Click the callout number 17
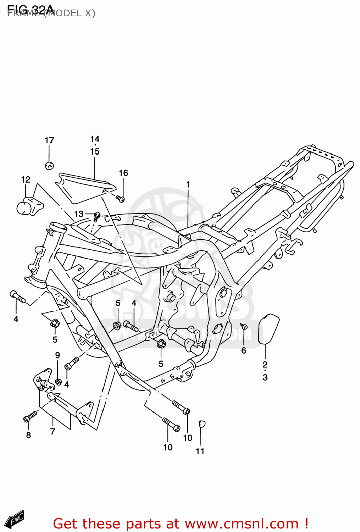pos(49,140)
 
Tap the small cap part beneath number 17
pos(49,165)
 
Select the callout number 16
pos(123,173)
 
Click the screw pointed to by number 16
pos(121,199)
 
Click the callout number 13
pos(79,214)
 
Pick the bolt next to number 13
pos(96,216)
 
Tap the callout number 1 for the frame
pos(188,184)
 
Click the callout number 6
pos(244,350)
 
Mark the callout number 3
pos(265,377)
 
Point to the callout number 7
pos(52,431)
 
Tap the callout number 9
pos(57,355)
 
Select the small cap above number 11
pos(201,423)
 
